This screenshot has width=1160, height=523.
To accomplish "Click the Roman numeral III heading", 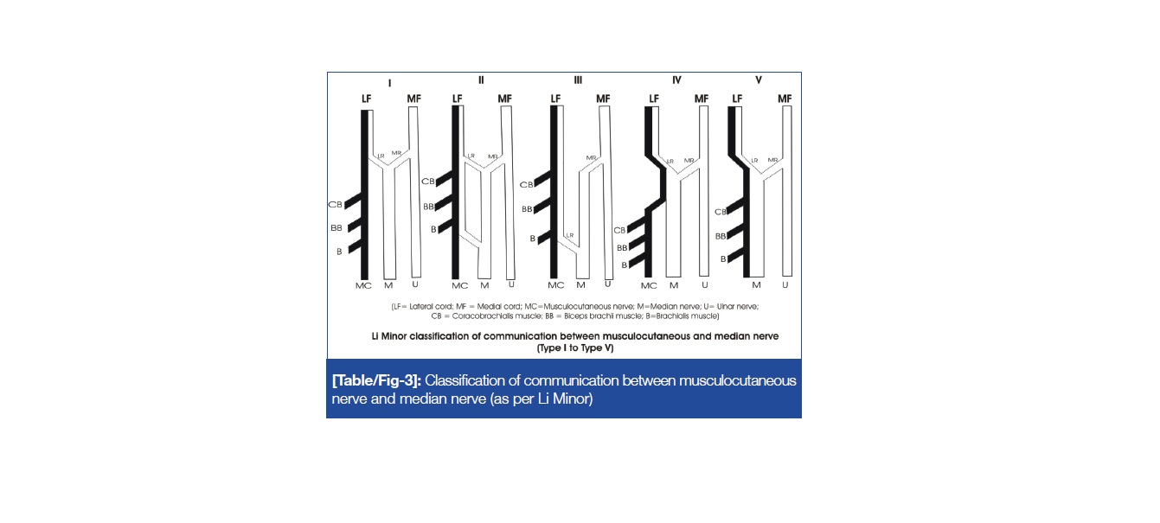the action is pyautogui.click(x=578, y=80).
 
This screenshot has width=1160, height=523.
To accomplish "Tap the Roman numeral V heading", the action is pyautogui.click(x=759, y=80).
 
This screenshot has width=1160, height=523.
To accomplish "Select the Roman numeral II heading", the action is pyautogui.click(x=481, y=80).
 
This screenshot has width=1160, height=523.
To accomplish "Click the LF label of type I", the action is pyautogui.click(x=366, y=99).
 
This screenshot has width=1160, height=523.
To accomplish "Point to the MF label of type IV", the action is pyautogui.click(x=702, y=99).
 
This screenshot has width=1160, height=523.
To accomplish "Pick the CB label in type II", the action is pyautogui.click(x=427, y=182).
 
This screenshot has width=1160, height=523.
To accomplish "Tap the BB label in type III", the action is pyautogui.click(x=527, y=209).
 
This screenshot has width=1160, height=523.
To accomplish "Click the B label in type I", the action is pyautogui.click(x=339, y=252).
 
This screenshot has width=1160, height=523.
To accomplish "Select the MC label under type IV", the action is pyautogui.click(x=649, y=285).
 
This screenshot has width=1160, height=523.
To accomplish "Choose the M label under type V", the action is pyautogui.click(x=756, y=285).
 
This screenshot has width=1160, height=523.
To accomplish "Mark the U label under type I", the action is pyautogui.click(x=415, y=284).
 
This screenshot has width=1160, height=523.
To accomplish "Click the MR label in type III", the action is pyautogui.click(x=591, y=158).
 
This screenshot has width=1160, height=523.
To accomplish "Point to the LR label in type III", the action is pyautogui.click(x=570, y=235).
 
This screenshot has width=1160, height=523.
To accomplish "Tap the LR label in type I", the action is pyautogui.click(x=381, y=156).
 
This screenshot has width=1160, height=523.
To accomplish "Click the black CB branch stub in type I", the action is pyautogui.click(x=353, y=201).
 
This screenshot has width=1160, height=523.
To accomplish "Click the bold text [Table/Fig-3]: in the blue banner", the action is pyautogui.click(x=376, y=380).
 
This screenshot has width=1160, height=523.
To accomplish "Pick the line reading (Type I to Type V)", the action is pyautogui.click(x=575, y=348).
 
